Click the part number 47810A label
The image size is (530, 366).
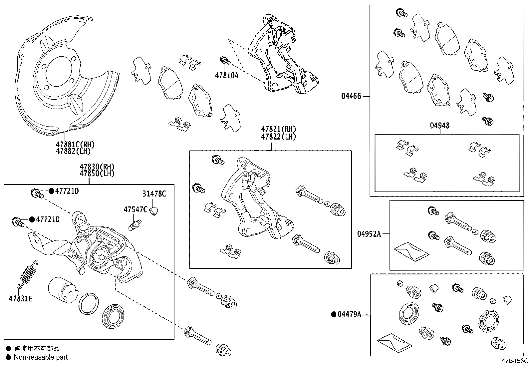226,76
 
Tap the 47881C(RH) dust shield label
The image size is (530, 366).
75,145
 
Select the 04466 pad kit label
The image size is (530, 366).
351,97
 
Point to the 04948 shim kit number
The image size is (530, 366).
439,126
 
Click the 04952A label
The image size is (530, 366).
369,234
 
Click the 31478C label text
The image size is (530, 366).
154,194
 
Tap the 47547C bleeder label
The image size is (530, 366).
135,209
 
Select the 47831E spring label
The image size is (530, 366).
21,299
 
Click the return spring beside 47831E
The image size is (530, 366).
27,273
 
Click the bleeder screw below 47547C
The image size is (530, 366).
135,224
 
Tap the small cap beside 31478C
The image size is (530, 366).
154,211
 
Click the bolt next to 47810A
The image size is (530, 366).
225,61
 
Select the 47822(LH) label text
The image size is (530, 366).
278,137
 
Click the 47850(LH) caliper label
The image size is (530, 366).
97,174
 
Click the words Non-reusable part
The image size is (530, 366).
41,357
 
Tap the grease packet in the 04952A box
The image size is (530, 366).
411,252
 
